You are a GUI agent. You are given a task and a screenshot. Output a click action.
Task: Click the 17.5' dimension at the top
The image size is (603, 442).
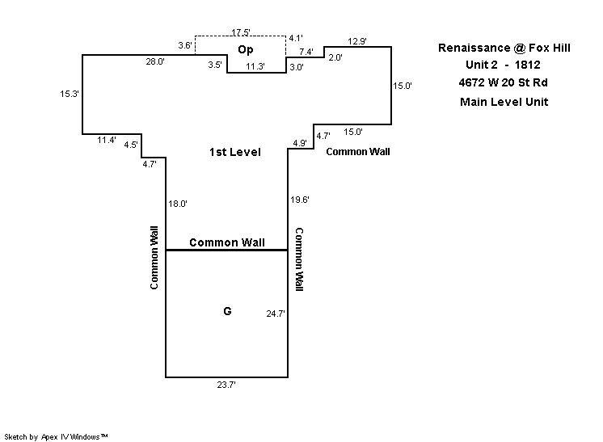point(240,32)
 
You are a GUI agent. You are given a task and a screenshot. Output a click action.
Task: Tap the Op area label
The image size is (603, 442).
point(246,50)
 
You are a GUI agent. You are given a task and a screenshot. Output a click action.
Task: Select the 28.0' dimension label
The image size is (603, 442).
point(155,61)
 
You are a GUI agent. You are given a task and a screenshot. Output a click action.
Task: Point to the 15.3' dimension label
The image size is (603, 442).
point(69,94)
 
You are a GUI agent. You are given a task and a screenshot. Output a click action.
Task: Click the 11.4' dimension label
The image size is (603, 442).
point(107,141)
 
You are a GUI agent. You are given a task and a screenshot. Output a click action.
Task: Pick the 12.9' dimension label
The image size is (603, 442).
point(356,41)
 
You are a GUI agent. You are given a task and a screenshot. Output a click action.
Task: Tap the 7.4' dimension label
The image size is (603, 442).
point(306,52)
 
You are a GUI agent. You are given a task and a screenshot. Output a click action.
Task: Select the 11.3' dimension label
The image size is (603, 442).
point(255,67)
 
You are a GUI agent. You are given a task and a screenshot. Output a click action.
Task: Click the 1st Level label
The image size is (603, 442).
point(235,152)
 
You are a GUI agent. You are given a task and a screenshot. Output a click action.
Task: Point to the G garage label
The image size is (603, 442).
point(227,310)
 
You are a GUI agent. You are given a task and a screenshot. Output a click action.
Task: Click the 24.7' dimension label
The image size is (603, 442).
point(276,313)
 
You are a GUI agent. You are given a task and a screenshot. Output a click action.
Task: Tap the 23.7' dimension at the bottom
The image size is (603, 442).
point(226,385)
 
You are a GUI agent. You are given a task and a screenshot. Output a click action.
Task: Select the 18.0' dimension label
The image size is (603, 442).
point(178,204)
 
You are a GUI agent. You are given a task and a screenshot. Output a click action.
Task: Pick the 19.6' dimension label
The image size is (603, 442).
point(299,200)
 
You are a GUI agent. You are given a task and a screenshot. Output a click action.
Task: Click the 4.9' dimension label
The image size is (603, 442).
point(299,144)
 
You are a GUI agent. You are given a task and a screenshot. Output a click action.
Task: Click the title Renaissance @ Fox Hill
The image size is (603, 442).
point(504,48)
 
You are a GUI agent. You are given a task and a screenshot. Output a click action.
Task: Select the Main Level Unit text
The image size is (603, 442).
point(504,102)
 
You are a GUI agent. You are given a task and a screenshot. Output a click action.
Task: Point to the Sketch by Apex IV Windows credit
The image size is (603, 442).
point(57,436)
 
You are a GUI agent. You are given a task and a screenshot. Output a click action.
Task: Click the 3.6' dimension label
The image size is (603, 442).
point(184,45)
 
